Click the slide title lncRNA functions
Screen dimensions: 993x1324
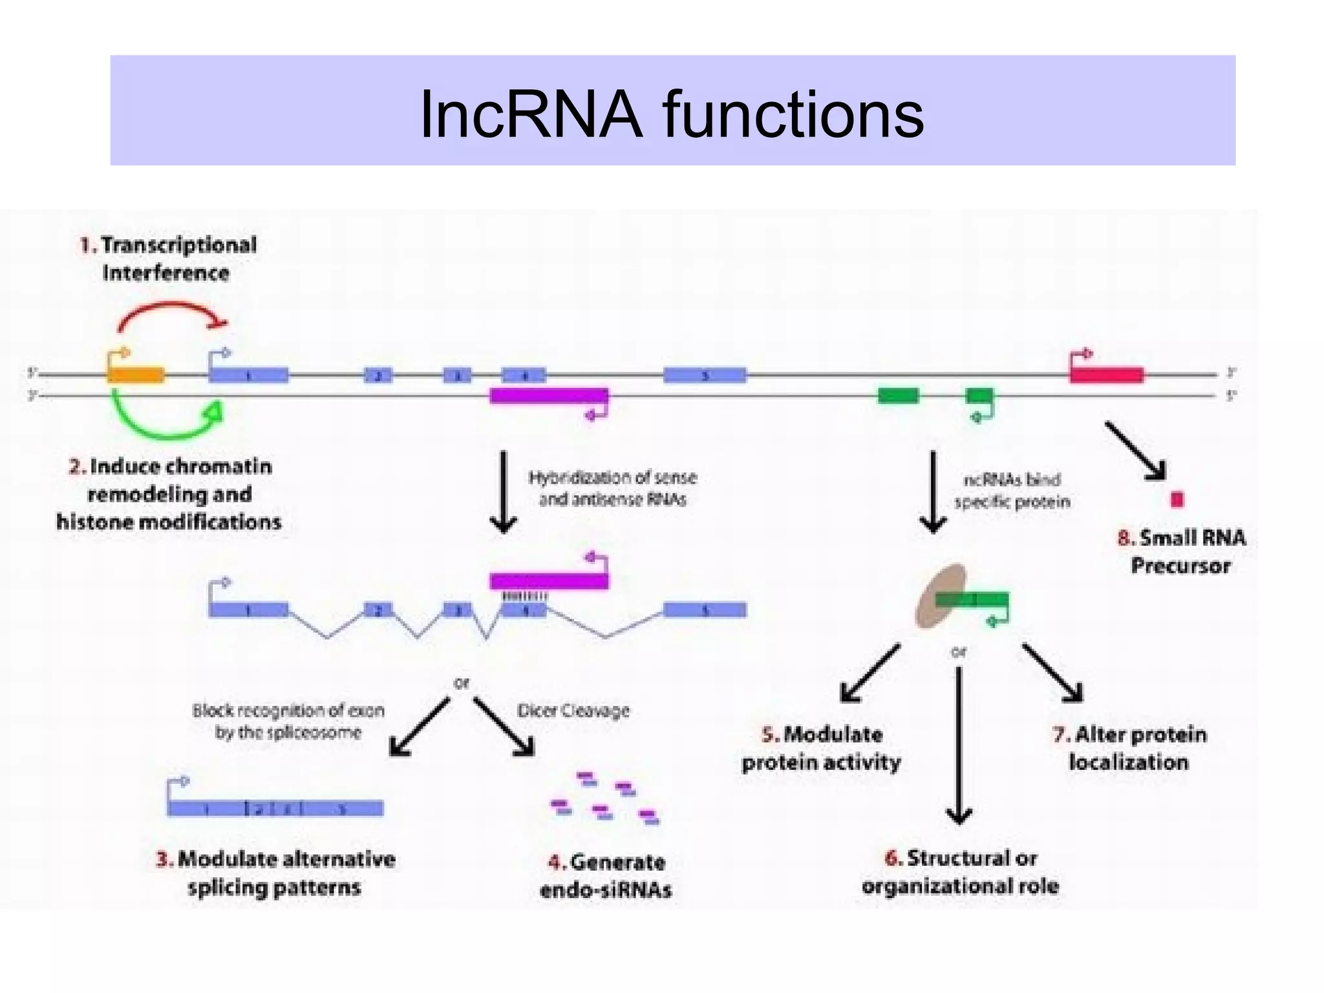pyautogui.click(x=671, y=114)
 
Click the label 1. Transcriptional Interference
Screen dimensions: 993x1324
pyautogui.click(x=168, y=259)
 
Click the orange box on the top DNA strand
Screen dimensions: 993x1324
pyautogui.click(x=135, y=375)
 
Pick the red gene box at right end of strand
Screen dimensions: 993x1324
pyautogui.click(x=1106, y=375)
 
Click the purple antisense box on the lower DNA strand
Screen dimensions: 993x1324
pyautogui.click(x=548, y=396)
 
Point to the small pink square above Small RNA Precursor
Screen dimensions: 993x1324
pyautogui.click(x=1177, y=500)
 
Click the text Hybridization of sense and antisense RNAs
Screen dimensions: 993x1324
pyautogui.click(x=612, y=488)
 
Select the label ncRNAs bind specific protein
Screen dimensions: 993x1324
pyautogui.click(x=1012, y=491)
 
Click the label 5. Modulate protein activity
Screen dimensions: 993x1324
pyautogui.click(x=821, y=748)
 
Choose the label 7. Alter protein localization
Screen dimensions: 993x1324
pyautogui.click(x=1129, y=748)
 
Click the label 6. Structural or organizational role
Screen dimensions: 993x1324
pyautogui.click(x=960, y=871)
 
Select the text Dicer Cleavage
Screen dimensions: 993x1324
pyautogui.click(x=573, y=711)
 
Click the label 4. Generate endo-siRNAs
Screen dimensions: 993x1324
pyautogui.click(x=606, y=876)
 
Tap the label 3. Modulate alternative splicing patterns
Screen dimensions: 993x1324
pyautogui.click(x=275, y=873)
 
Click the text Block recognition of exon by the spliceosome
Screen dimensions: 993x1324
pyautogui.click(x=288, y=721)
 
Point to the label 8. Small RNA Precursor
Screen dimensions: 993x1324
pyautogui.click(x=1181, y=551)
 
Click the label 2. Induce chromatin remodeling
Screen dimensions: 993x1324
pyautogui.click(x=169, y=494)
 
